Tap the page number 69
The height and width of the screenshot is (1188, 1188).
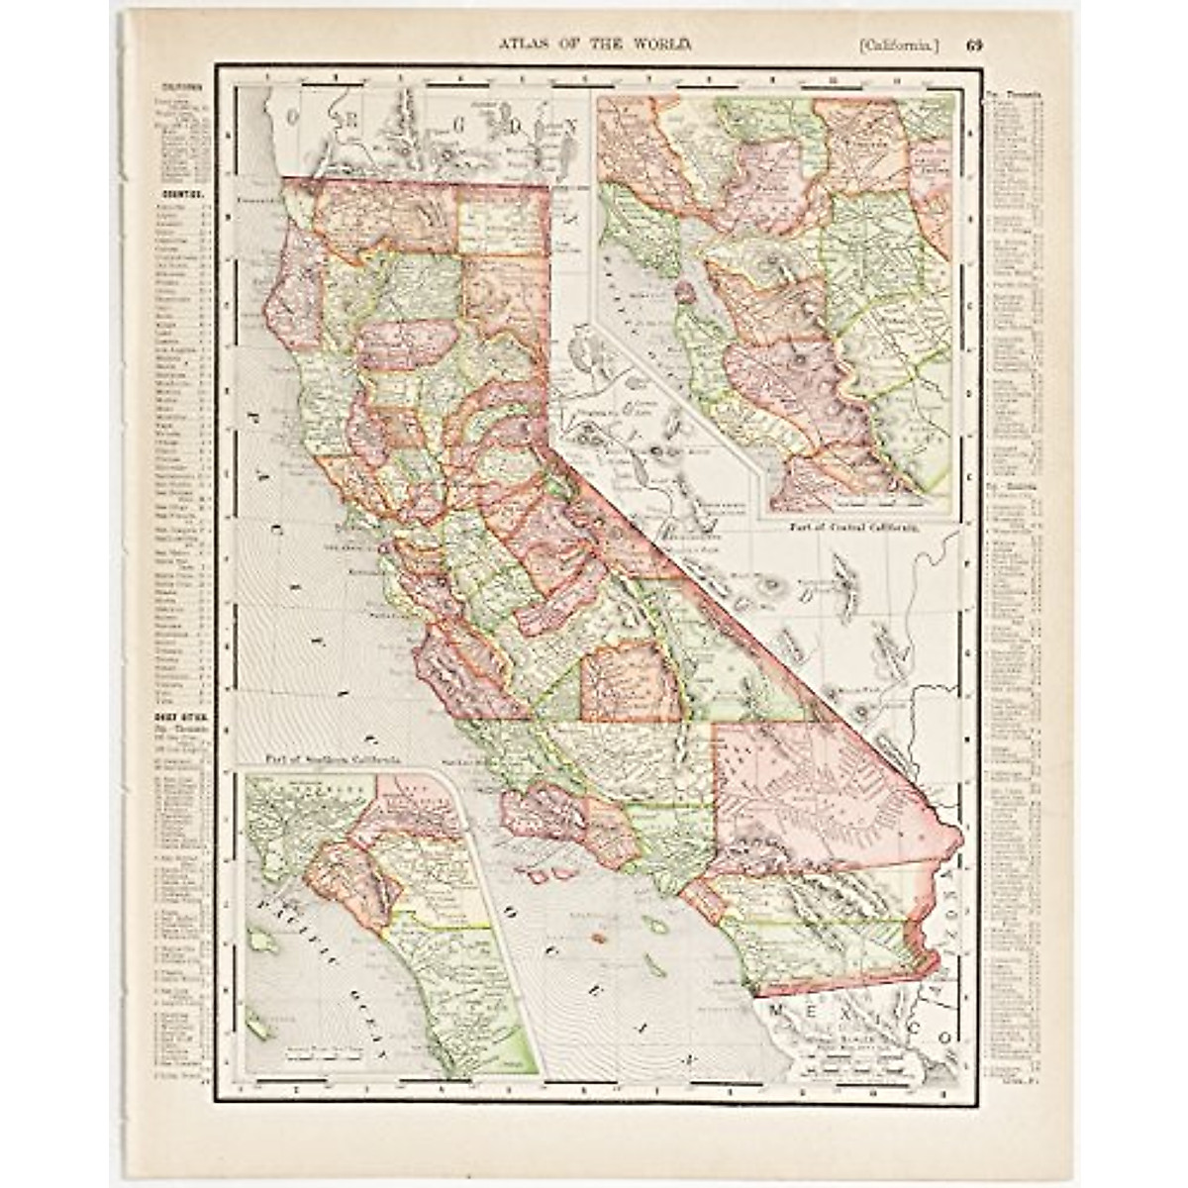(x=975, y=44)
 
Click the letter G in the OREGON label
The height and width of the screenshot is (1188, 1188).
(x=441, y=116)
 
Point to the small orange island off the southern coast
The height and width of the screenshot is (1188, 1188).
(x=597, y=934)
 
